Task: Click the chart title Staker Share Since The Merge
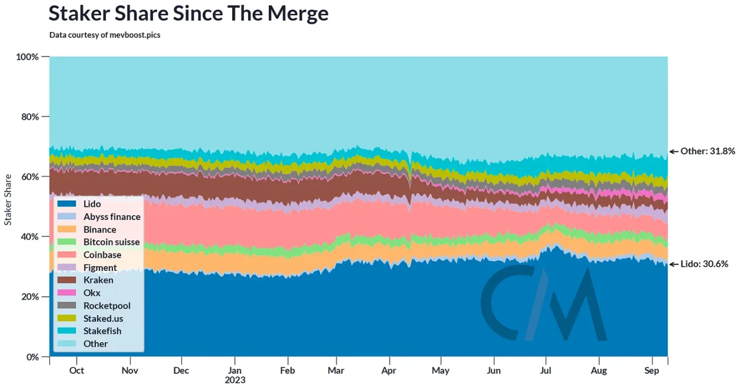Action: coord(188,14)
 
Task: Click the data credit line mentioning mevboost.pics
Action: coord(105,35)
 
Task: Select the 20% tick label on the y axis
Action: coord(27,297)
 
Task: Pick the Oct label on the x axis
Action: coord(76,370)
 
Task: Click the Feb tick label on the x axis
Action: coord(288,370)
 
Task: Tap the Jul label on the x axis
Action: coord(546,370)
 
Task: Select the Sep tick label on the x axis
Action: coord(652,370)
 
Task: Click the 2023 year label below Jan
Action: coord(235,380)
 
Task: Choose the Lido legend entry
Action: coord(92,204)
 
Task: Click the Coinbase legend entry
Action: coord(102,255)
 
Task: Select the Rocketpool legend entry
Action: coord(107,305)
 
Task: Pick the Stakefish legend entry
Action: coord(102,331)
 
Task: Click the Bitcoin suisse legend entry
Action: coord(111,242)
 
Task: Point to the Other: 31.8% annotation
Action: coord(702,152)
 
